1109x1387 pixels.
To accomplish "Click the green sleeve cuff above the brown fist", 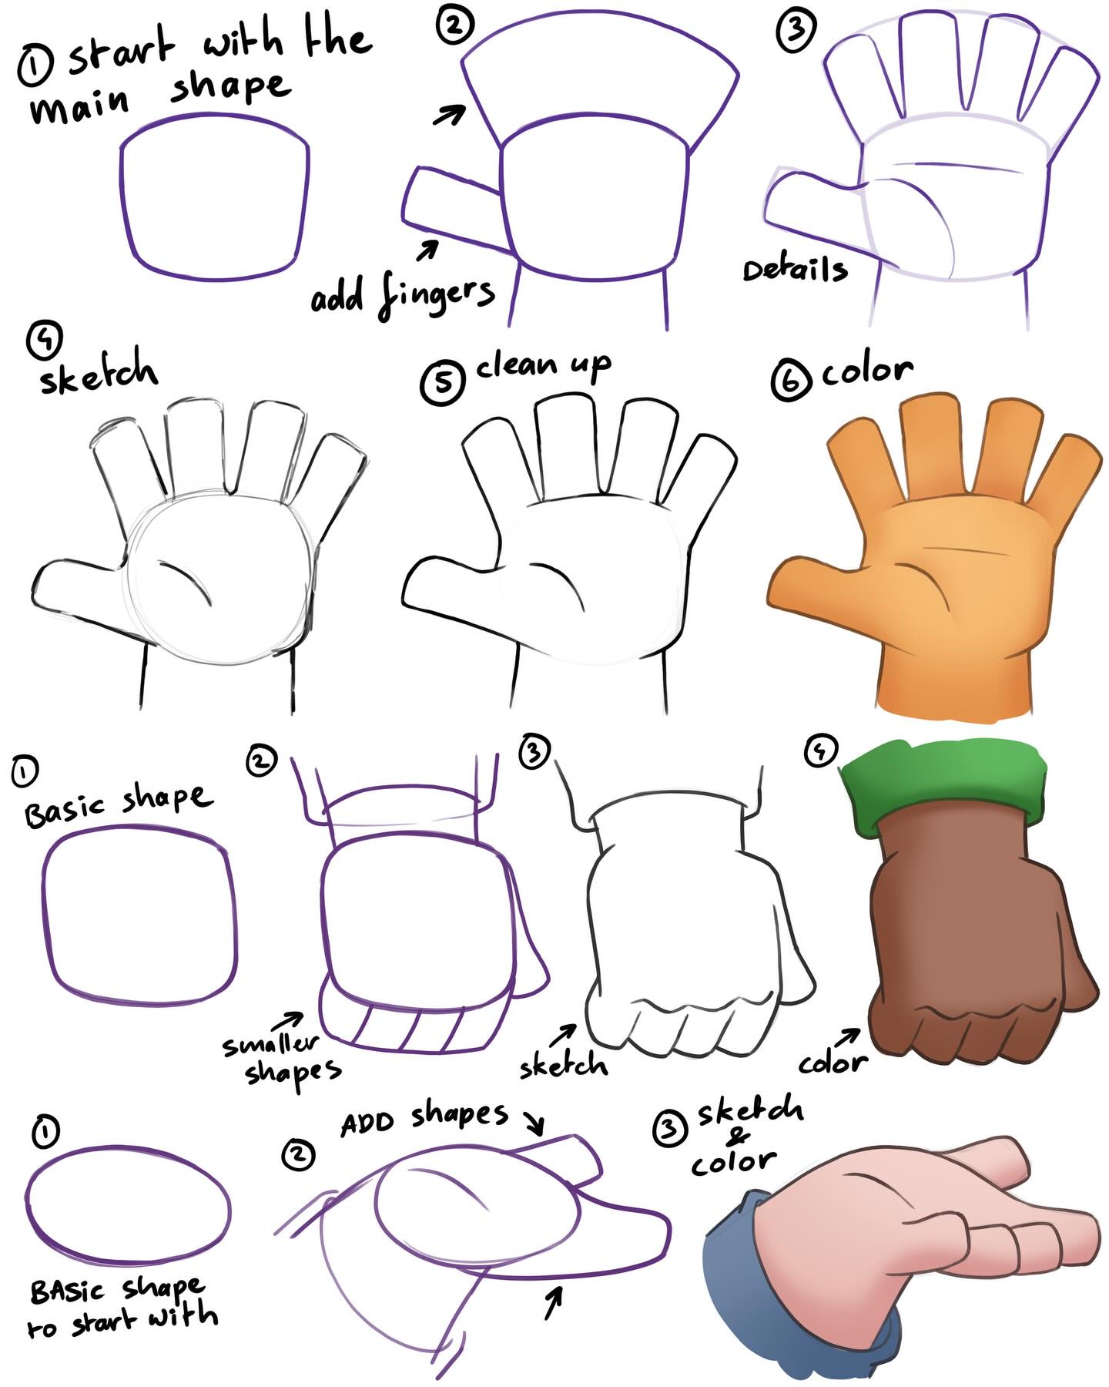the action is [943, 788].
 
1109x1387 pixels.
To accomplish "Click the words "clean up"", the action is [543, 366].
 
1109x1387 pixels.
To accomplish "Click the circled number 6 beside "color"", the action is [790, 381].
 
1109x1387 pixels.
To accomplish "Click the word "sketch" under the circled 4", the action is [98, 373].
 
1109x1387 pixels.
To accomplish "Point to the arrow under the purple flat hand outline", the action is [553, 1302].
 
